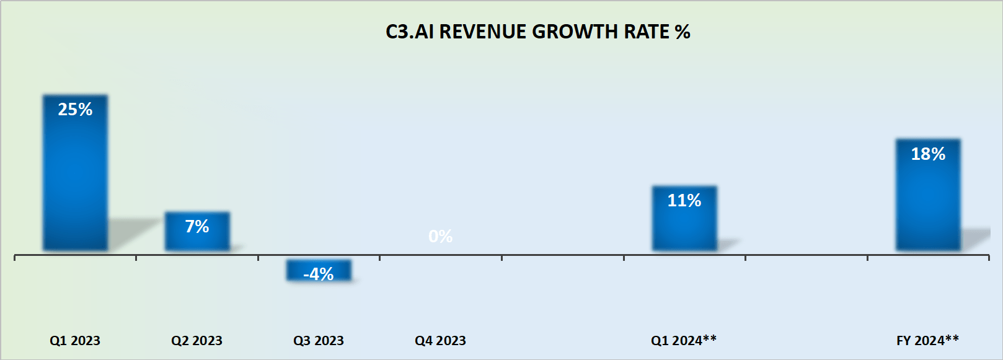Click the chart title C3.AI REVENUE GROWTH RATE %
pos(537,32)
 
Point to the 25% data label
pos(75,110)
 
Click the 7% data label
pos(197,227)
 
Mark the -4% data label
pos(319,274)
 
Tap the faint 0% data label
pos(440,236)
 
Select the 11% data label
pos(684,201)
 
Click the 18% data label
pos(928,154)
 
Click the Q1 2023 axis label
pos(75,341)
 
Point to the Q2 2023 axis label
pos(197,341)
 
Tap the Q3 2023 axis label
pos(319,341)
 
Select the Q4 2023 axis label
pos(440,341)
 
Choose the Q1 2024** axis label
pos(684,340)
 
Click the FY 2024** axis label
pos(927,340)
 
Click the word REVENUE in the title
pos(483,32)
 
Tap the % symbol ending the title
pos(683,32)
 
